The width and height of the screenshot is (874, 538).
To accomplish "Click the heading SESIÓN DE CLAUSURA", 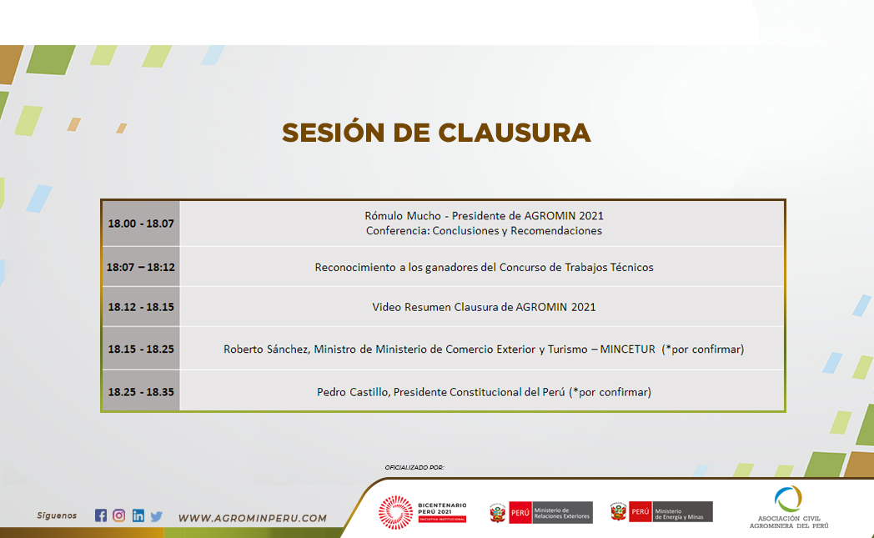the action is click(436, 132).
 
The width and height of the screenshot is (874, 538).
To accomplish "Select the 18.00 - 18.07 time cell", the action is click(141, 224).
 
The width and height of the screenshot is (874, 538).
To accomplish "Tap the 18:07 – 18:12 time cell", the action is click(141, 267).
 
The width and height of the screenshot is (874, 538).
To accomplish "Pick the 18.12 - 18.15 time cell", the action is click(141, 307).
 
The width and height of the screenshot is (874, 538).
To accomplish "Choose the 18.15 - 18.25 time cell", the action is click(141, 349).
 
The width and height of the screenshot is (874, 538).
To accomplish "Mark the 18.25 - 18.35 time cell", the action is click(141, 392).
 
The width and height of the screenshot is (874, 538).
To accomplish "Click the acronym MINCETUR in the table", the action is click(628, 349).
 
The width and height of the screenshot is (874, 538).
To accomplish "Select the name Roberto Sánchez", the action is click(266, 349).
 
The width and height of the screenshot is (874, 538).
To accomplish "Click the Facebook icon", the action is click(100, 515).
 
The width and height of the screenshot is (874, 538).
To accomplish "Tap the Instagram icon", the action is click(118, 515).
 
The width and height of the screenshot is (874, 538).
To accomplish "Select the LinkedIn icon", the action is click(138, 515).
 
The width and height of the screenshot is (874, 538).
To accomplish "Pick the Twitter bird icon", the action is click(157, 516).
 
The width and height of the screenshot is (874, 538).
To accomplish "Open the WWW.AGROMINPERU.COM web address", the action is click(253, 518).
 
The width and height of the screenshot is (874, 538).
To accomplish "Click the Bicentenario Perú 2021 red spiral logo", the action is click(395, 512).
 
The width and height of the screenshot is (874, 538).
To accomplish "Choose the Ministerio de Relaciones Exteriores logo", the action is click(540, 512).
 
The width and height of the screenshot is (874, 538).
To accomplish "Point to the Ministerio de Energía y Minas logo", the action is click(661, 511).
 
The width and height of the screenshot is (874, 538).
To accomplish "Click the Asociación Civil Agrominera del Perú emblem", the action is click(788, 507).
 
